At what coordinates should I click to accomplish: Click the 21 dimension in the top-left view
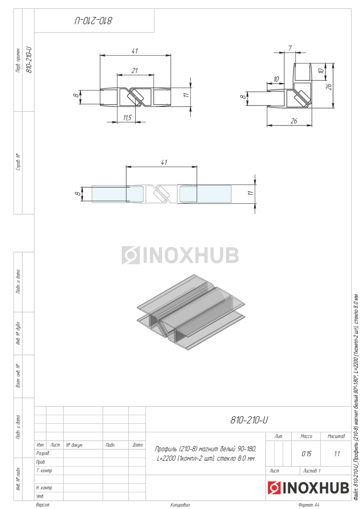(135, 71)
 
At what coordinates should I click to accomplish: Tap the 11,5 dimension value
(127, 118)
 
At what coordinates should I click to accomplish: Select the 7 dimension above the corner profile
(290, 48)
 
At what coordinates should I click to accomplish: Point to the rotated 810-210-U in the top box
(93, 21)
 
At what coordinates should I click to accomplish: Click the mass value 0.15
(307, 454)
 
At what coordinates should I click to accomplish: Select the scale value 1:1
(337, 454)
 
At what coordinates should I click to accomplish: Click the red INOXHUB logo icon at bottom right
(274, 488)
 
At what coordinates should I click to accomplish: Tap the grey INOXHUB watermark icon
(130, 255)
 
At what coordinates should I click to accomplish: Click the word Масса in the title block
(306, 436)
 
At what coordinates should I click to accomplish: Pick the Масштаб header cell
(336, 436)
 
